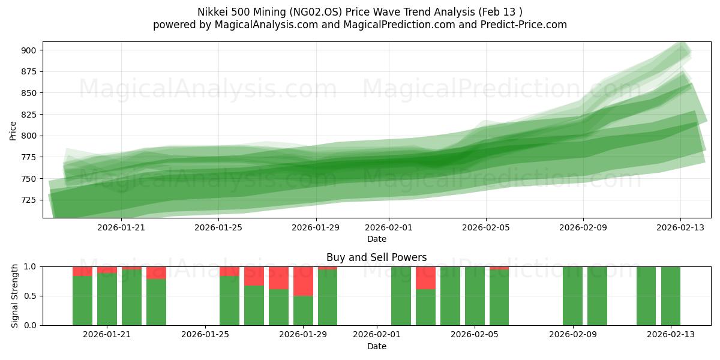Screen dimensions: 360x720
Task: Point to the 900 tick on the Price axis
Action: (28, 50)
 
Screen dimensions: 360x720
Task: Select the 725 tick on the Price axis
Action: (28, 200)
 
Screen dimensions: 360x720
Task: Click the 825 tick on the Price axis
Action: (28, 115)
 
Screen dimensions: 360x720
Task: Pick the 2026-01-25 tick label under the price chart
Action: (218, 227)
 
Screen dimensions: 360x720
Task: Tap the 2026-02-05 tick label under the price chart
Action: (485, 227)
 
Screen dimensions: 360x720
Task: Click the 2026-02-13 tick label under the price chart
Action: (680, 227)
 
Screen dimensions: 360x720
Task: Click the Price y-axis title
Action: (13, 130)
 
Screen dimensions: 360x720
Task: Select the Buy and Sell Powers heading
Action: (376, 257)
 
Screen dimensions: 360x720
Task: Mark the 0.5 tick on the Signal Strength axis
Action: (30, 296)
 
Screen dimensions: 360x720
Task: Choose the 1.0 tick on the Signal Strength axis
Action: (30, 266)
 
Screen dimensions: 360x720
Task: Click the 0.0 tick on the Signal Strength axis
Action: (30, 325)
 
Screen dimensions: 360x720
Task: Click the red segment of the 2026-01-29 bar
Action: (303, 281)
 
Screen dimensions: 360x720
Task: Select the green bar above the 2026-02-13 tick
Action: (670, 296)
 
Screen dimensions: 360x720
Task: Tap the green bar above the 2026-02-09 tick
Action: (572, 296)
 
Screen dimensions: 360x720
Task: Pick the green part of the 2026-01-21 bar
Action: (107, 299)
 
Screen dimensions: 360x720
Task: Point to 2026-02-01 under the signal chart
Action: (376, 335)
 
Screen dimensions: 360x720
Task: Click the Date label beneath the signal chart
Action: (376, 346)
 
